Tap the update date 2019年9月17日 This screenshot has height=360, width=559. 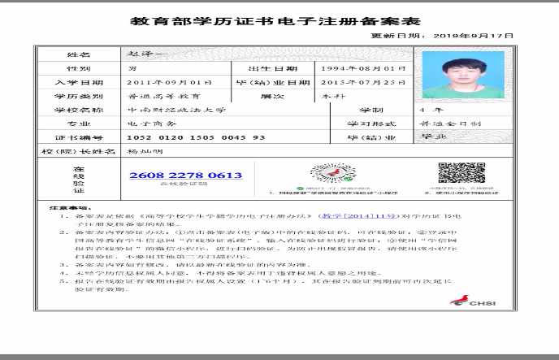(x=474, y=36)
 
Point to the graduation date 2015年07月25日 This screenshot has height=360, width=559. (x=357, y=82)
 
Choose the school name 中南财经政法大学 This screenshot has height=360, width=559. (x=177, y=110)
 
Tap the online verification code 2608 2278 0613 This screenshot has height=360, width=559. (x=185, y=176)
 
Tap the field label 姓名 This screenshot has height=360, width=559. (x=76, y=54)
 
